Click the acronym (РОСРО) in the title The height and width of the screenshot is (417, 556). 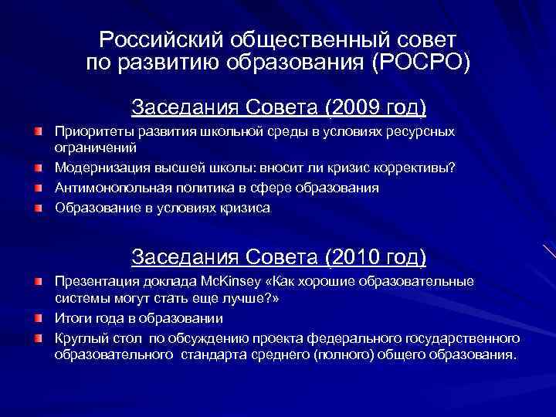coord(420,63)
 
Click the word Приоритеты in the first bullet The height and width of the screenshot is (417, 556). coord(92,131)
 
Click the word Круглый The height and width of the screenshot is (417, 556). coord(80,338)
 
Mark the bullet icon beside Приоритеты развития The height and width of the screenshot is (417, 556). coord(38,132)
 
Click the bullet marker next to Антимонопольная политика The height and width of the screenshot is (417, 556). coord(38,188)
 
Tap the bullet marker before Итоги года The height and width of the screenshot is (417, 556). coord(38,318)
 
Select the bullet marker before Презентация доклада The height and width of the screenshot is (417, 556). coord(38,280)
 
